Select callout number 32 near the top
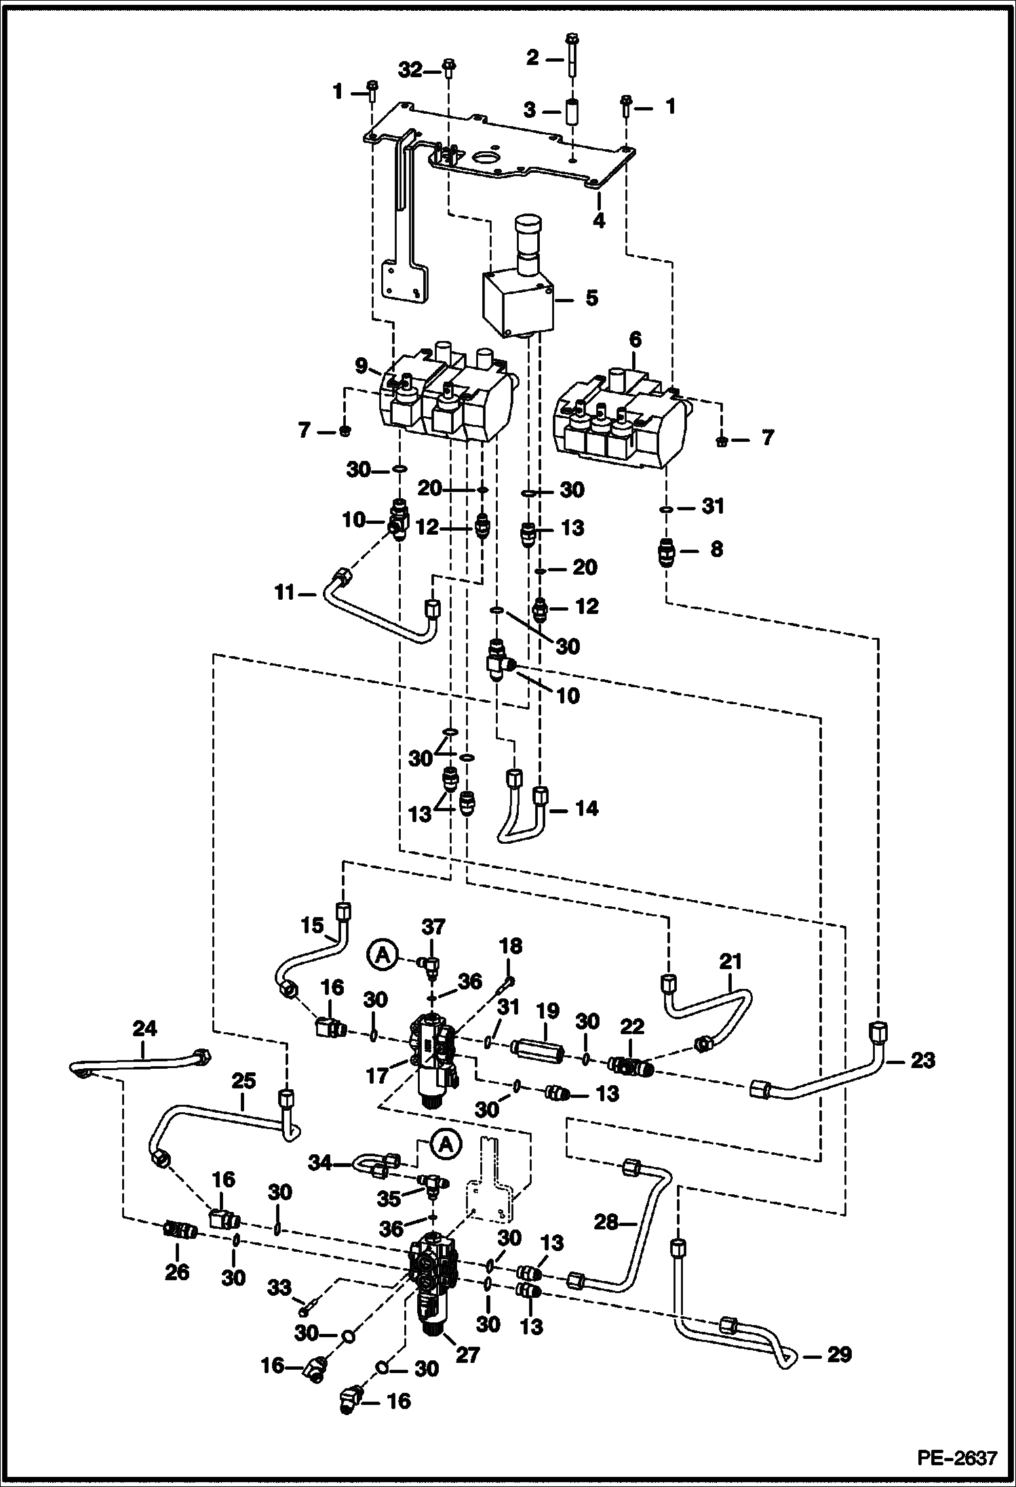(410, 70)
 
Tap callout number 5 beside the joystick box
(591, 298)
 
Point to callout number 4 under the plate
(598, 220)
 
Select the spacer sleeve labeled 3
(572, 110)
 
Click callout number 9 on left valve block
(362, 367)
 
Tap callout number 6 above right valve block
(635, 340)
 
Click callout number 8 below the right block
(716, 549)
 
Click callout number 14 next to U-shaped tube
(587, 808)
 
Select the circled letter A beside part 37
(383, 955)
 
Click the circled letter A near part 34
(446, 1145)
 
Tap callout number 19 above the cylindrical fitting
(548, 1012)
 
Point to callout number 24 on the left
(144, 1029)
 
